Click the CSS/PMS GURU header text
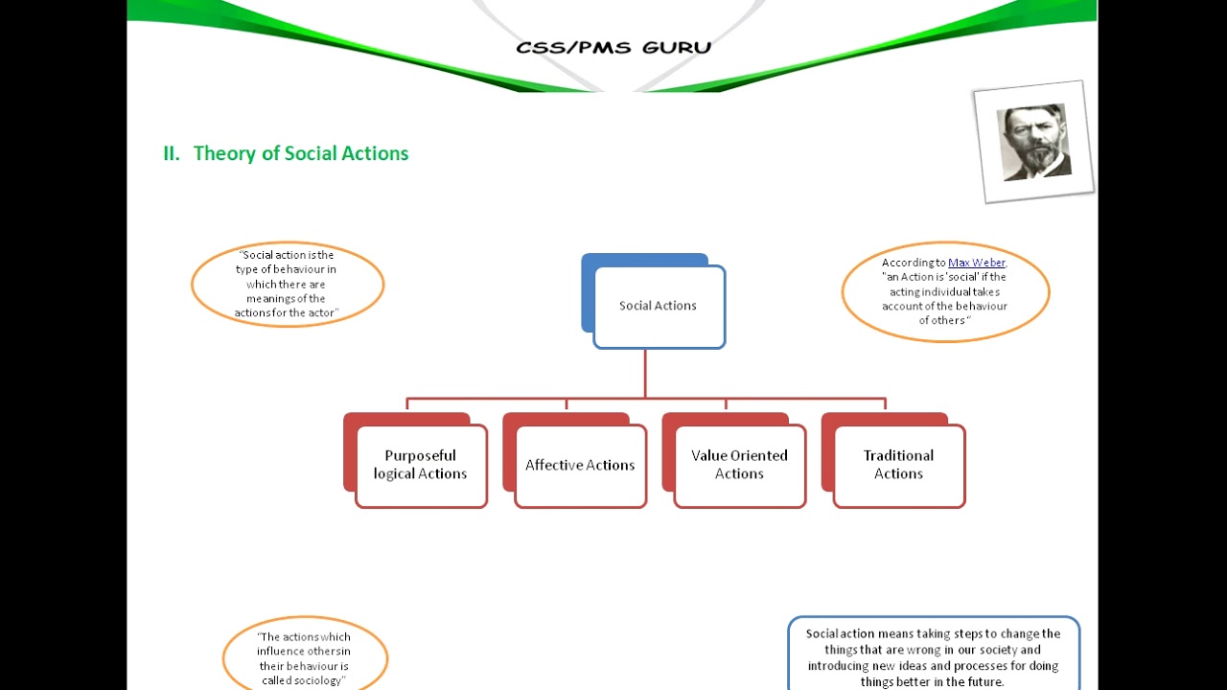613,47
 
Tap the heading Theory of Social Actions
300,153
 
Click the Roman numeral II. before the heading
172,153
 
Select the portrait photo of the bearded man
1033,142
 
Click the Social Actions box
659,307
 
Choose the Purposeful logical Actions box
421,466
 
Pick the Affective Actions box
580,466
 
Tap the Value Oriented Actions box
739,466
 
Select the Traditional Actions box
898,466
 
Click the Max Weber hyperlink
976,263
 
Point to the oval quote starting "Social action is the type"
287,284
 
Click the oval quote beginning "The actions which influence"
304,657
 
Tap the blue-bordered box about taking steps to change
934,656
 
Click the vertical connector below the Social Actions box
645,374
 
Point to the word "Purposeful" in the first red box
420,456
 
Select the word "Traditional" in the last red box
898,456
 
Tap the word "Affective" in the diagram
553,466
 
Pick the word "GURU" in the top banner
677,47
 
